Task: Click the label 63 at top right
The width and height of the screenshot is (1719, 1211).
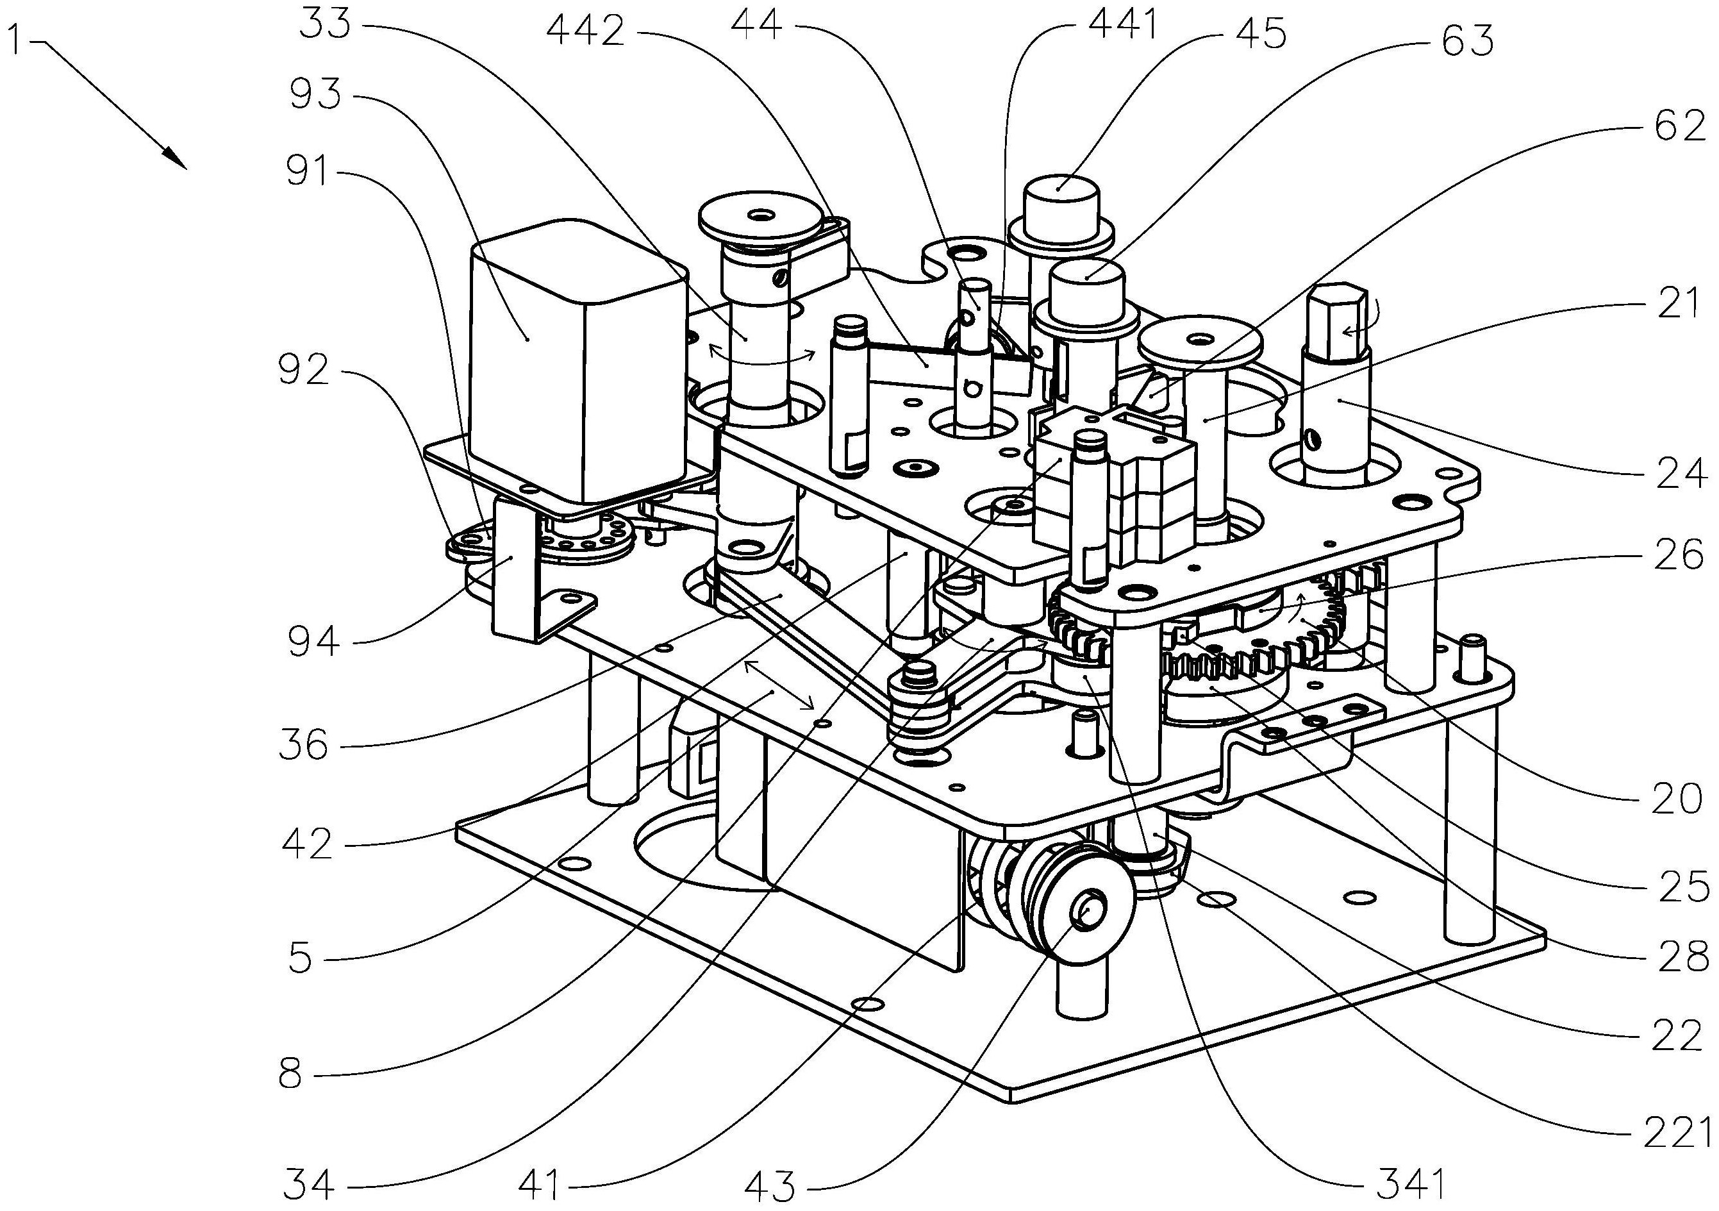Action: pos(1468,41)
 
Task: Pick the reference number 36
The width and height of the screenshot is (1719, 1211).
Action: pos(303,745)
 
